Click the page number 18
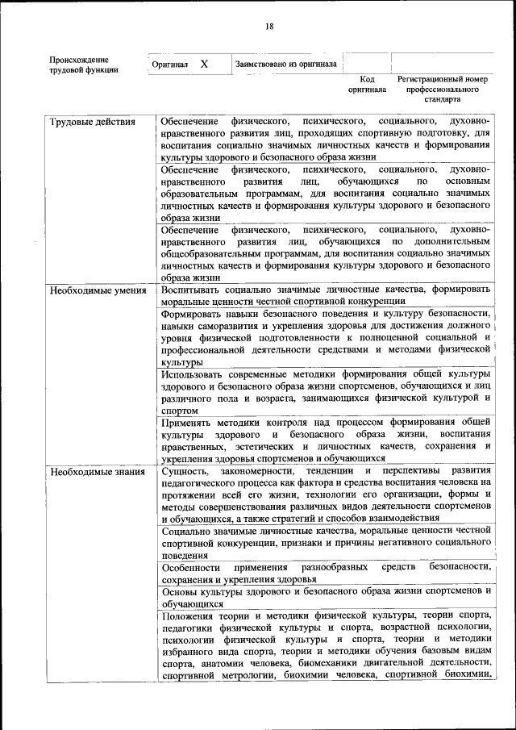coord(269,27)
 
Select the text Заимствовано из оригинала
coord(285,64)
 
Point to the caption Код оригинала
coord(367,85)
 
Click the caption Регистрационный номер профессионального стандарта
coord(443,90)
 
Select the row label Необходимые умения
coord(97,290)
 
